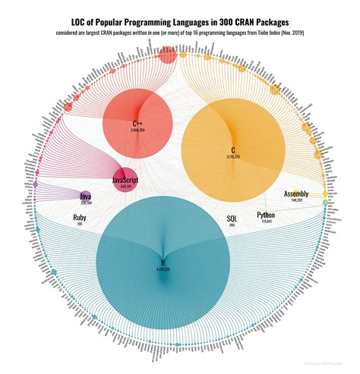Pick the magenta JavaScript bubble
coord(125,180)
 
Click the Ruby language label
coord(80,218)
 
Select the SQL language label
coord(232,218)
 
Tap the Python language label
coord(266,215)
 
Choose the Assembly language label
coord(295,194)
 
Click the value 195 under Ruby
coord(80,225)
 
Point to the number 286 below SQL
coord(232,225)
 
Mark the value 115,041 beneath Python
coord(266,222)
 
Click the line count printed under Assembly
coord(295,200)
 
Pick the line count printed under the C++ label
coord(137,130)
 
